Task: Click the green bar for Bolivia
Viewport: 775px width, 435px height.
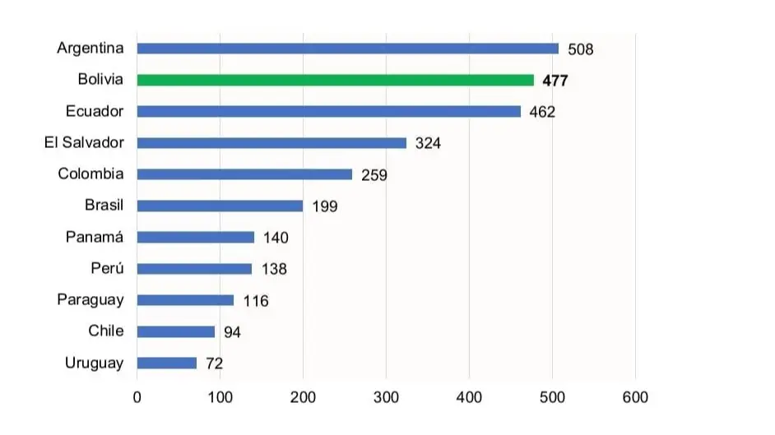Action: [335, 80]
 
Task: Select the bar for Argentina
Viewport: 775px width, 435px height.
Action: [347, 49]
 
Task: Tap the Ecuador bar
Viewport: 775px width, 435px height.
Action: [328, 111]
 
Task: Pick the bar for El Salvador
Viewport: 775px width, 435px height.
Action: [271, 143]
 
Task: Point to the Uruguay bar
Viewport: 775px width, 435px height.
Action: [167, 363]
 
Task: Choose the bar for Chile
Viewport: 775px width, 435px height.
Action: [176, 331]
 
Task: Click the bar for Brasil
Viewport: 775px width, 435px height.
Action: [220, 206]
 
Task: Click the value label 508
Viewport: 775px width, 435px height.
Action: [580, 49]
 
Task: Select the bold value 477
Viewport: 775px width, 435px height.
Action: [555, 81]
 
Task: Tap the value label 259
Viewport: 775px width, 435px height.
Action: [374, 175]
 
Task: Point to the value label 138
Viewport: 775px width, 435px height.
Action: [274, 269]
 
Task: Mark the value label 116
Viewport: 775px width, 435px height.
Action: [256, 301]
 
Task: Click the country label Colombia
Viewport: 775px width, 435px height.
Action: [90, 174]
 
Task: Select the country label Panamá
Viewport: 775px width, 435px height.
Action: [95, 237]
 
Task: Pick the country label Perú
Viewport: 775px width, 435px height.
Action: [107, 268]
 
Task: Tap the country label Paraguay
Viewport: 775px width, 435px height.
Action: [90, 299]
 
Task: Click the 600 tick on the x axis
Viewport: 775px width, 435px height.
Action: [635, 398]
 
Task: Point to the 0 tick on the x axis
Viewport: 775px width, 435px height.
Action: [137, 398]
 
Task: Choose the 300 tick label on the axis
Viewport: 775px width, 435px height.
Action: [386, 398]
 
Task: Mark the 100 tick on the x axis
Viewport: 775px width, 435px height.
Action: [220, 398]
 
